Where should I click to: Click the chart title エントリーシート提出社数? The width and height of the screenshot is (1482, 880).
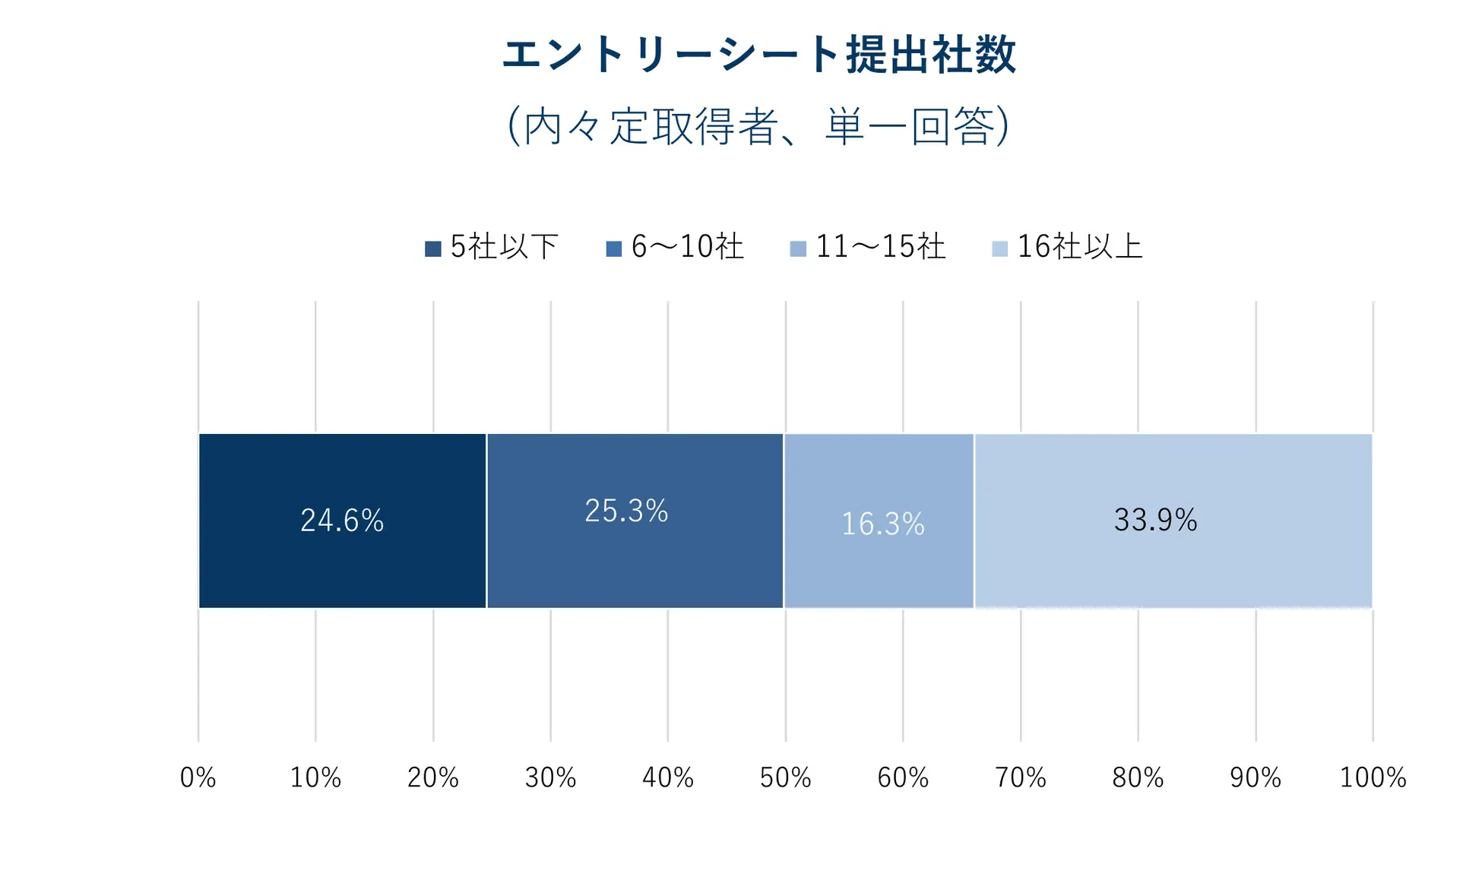(758, 55)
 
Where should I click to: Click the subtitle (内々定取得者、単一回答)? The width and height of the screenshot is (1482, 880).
(758, 125)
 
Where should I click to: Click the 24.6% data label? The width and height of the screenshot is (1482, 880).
(342, 521)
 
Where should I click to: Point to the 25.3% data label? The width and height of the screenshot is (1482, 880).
(626, 511)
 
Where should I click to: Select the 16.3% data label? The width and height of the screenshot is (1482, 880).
(882, 524)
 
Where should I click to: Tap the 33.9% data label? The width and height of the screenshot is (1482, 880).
(1155, 521)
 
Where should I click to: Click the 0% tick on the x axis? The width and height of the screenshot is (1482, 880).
(198, 777)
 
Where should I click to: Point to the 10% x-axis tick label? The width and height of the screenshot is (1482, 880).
(315, 777)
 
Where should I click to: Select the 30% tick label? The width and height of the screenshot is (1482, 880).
(550, 777)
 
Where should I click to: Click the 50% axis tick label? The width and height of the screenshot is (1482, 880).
(785, 777)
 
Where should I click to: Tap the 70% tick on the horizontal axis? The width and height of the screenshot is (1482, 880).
(1020, 777)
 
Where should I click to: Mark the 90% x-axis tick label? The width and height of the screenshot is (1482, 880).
(1255, 777)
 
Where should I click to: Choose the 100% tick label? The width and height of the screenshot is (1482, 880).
(1373, 777)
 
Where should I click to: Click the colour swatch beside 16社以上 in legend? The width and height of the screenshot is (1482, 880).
(999, 248)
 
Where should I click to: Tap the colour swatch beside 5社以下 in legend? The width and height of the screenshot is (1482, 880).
(432, 248)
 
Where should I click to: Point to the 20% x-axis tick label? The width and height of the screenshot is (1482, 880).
(432, 777)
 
